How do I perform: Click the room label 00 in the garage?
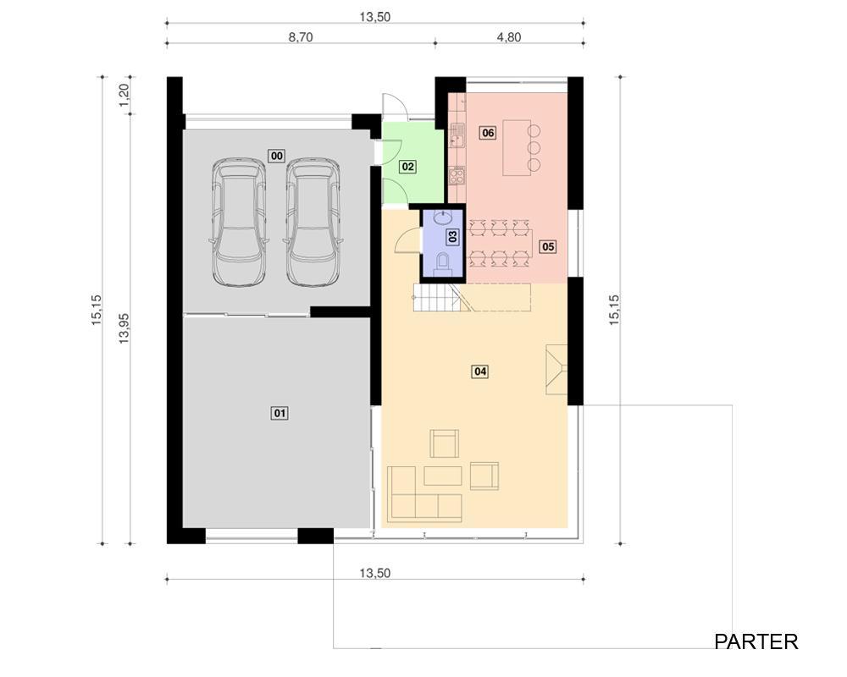pyautogui.click(x=277, y=156)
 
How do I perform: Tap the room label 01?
pyautogui.click(x=280, y=414)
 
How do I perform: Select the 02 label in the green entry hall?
pyautogui.click(x=408, y=167)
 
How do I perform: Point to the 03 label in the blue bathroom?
pyautogui.click(x=452, y=236)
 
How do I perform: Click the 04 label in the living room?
pyautogui.click(x=480, y=372)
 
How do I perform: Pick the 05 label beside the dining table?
pyautogui.click(x=548, y=247)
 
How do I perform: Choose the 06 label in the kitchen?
pyautogui.click(x=488, y=133)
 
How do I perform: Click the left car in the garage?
pyautogui.click(x=239, y=222)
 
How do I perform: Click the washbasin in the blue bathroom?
pyautogui.click(x=443, y=218)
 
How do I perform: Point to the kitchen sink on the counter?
pyautogui.click(x=457, y=135)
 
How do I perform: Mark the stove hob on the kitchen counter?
pyautogui.click(x=457, y=176)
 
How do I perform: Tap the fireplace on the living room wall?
pyautogui.click(x=556, y=370)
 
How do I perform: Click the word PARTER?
pyautogui.click(x=756, y=642)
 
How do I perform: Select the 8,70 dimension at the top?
pyautogui.click(x=301, y=37)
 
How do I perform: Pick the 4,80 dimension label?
pyautogui.click(x=509, y=37)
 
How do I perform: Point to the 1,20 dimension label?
pyautogui.click(x=124, y=95)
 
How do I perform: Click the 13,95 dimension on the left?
pyautogui.click(x=124, y=329)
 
